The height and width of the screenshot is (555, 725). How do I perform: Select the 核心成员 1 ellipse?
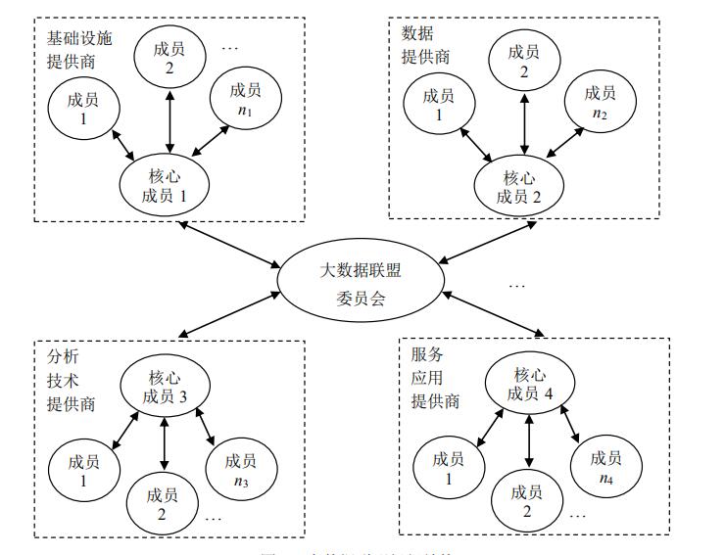pos(169,184)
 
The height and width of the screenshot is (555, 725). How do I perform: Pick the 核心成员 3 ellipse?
pos(164,386)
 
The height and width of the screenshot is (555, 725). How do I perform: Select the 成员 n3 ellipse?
pos(239,469)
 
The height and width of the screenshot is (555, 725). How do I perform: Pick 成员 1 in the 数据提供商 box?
pos(437,104)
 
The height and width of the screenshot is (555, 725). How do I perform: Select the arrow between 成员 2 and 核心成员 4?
pos(529,441)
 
